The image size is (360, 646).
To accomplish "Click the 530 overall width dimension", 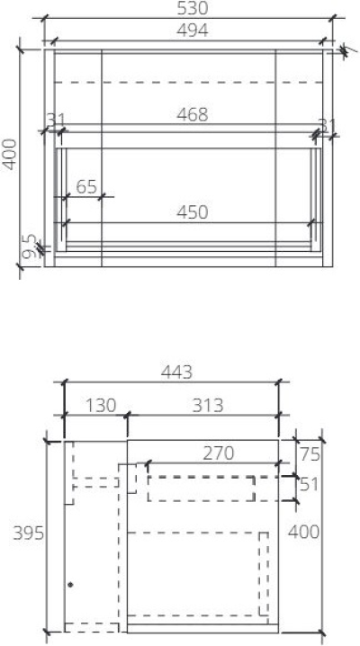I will [192, 9].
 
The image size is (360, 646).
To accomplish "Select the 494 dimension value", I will [192, 31].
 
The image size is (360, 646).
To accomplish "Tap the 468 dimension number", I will [192, 115].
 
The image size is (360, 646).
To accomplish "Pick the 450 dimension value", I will [192, 212].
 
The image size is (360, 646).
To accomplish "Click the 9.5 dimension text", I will [29, 247].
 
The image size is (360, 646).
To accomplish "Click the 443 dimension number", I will [175, 372].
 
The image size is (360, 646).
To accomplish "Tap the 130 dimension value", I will [101, 405].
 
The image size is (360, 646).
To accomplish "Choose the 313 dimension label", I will [208, 405].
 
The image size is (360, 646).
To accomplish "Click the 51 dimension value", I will [310, 484].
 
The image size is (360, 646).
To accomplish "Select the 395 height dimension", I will [27, 533].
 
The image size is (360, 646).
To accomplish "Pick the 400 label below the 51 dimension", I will [303, 533].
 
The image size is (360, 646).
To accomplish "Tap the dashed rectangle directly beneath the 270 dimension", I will [201, 489].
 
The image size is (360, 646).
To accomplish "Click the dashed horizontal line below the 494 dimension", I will [189, 82].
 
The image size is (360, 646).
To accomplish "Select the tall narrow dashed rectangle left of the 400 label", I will [264, 577].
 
